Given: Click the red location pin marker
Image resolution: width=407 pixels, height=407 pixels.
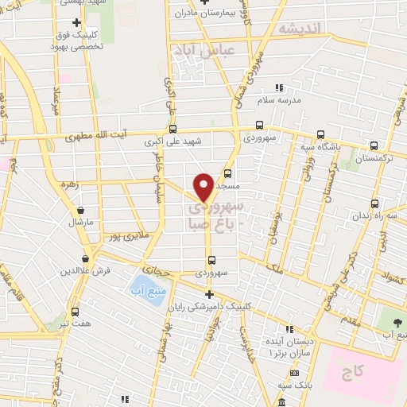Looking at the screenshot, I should point(203,188).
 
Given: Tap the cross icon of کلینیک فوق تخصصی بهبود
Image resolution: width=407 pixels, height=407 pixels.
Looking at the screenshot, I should point(76,22).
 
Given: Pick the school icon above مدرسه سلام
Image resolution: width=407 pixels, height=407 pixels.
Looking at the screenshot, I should point(278,87).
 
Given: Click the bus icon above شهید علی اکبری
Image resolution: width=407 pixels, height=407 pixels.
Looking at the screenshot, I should point(172,130).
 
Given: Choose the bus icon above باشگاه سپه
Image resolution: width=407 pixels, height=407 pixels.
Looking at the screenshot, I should point(320,134).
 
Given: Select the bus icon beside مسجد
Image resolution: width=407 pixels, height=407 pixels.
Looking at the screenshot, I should point(228,172).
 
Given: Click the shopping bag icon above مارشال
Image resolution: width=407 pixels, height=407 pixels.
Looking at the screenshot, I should point(81,210).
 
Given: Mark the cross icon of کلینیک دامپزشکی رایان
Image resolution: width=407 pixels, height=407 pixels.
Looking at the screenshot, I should point(209,294).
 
